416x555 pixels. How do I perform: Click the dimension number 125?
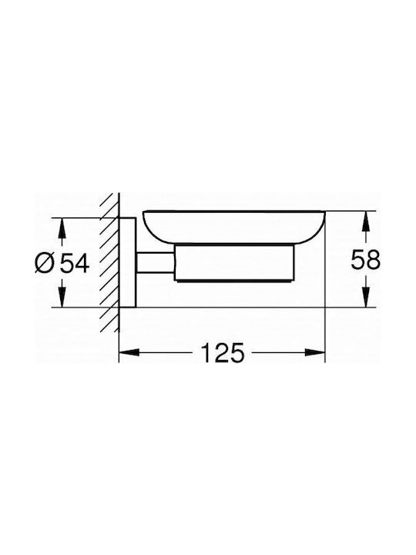(223, 351)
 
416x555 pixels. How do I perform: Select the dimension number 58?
(366, 260)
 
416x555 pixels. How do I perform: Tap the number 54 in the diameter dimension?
(74, 263)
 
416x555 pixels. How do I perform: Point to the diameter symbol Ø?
(45, 263)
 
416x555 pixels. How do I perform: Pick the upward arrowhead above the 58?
(366, 220)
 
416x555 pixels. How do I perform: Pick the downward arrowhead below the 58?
(366, 298)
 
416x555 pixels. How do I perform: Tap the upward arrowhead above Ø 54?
(62, 227)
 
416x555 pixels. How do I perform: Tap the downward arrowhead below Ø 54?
(62, 298)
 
